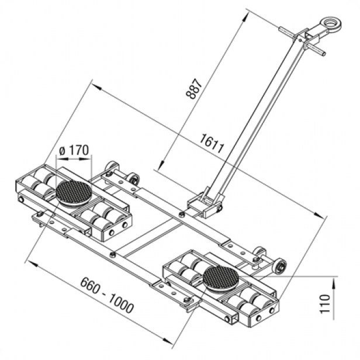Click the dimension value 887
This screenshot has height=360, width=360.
pyautogui.click(x=198, y=89)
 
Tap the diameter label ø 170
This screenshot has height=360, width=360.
pyautogui.click(x=74, y=150)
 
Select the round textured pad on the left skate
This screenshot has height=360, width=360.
pyautogui.click(x=74, y=191)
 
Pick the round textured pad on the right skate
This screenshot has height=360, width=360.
pyautogui.click(x=220, y=275)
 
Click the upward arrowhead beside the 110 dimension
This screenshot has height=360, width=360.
pyautogui.click(x=334, y=281)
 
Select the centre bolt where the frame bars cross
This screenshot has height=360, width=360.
pyautogui.click(x=182, y=214)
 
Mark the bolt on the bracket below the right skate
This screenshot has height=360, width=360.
pyautogui.click(x=187, y=301)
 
